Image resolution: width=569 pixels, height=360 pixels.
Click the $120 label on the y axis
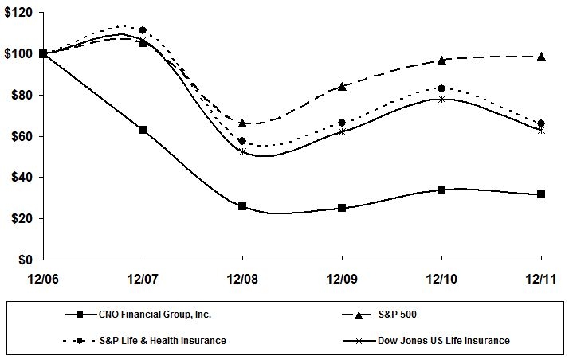[x=18, y=13]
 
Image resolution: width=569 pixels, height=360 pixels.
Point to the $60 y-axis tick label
[x=20, y=136]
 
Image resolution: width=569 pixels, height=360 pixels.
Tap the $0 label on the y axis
[x=26, y=260]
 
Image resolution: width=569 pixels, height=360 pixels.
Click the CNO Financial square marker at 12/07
[x=143, y=129]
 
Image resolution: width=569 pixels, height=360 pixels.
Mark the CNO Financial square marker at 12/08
[x=242, y=206]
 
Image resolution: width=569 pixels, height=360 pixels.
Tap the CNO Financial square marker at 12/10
[x=441, y=190]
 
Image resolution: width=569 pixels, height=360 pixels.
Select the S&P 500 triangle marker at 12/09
[x=342, y=86]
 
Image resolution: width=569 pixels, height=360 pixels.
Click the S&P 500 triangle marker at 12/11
[x=541, y=57]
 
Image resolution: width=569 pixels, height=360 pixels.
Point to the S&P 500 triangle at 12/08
[x=242, y=123]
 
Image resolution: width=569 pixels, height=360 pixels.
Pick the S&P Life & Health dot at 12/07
[x=143, y=30]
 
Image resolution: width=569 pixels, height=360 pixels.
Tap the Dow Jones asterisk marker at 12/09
[x=342, y=131]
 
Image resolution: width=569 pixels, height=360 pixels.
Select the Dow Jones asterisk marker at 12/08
[x=242, y=151]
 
